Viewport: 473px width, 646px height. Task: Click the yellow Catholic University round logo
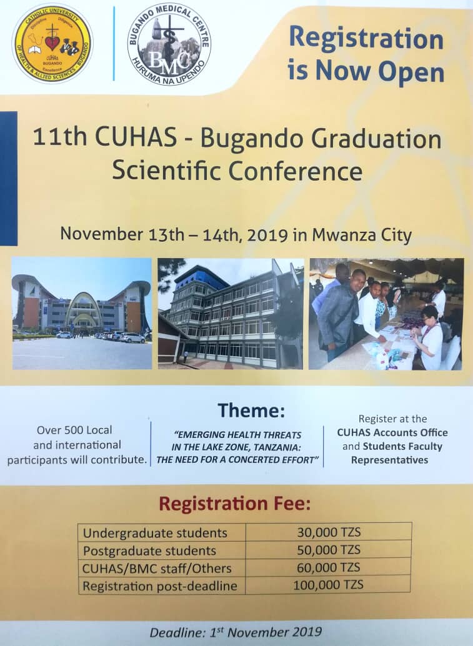click(x=52, y=44)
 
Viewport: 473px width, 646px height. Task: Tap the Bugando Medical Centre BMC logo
click(x=169, y=44)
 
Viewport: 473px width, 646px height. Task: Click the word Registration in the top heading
click(x=366, y=39)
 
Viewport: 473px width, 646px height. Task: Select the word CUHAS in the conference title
click(x=136, y=137)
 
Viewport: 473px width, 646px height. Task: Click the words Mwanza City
click(x=362, y=236)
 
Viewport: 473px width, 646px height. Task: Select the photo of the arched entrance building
click(x=82, y=314)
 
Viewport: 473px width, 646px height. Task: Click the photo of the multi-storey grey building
click(x=231, y=314)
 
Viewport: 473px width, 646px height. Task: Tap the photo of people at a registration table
click(x=386, y=314)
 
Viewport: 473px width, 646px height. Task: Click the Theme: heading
click(x=251, y=410)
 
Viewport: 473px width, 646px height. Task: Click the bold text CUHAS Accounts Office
click(x=392, y=432)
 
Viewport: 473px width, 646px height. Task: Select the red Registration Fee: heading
click(x=235, y=504)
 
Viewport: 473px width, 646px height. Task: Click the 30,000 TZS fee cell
click(x=329, y=532)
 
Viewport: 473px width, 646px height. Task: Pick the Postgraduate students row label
click(x=149, y=551)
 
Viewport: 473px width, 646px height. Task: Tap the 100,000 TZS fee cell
click(x=329, y=585)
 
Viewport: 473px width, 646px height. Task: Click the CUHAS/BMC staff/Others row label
click(x=157, y=569)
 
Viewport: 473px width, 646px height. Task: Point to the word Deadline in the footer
click(x=177, y=633)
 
